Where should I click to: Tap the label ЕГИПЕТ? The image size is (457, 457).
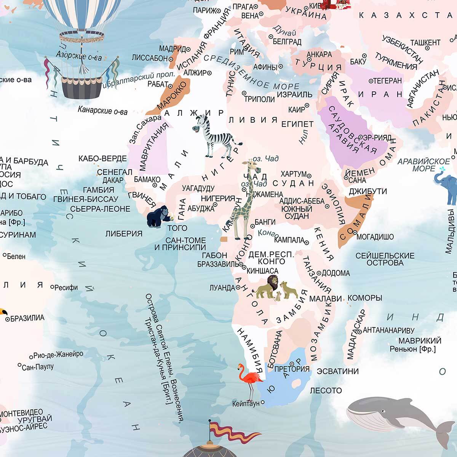297,124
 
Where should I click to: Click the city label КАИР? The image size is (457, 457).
297,110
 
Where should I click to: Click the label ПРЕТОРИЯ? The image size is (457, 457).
292,369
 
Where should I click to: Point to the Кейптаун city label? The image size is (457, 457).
246,403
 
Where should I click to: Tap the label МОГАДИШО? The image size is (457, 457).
375,237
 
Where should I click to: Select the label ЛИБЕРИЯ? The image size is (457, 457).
124,234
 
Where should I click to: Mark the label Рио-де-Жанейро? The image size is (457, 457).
58,355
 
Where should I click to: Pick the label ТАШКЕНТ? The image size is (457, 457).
425,42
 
